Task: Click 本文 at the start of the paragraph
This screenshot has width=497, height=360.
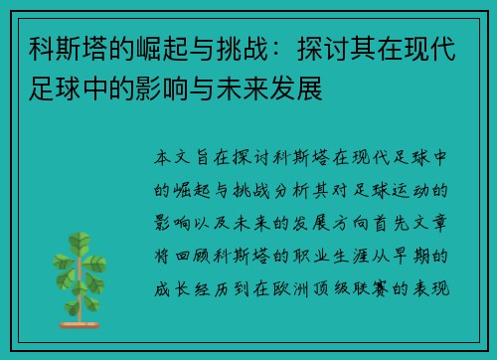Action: tap(177, 156)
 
